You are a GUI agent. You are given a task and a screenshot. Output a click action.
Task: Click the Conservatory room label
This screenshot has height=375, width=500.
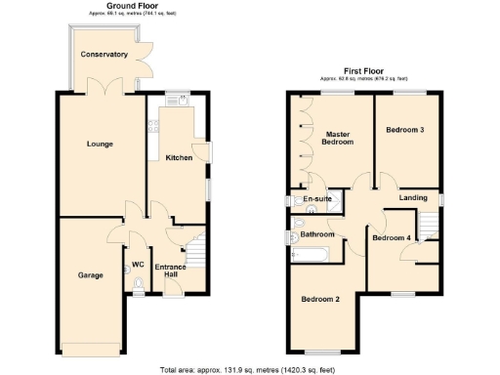(104, 55)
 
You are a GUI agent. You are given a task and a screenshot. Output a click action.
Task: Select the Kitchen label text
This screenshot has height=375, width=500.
(178, 157)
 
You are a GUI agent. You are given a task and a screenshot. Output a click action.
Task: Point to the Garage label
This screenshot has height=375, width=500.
(91, 274)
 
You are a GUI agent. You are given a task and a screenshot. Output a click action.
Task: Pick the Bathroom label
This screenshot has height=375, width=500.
(317, 234)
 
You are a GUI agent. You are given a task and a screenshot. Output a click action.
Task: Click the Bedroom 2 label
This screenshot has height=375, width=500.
(319, 299)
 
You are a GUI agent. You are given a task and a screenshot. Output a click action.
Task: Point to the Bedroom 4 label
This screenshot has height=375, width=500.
(393, 238)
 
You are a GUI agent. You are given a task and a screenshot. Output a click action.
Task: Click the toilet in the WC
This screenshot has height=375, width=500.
(138, 285)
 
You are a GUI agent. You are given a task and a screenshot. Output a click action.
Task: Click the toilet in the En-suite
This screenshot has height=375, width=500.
(296, 200)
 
